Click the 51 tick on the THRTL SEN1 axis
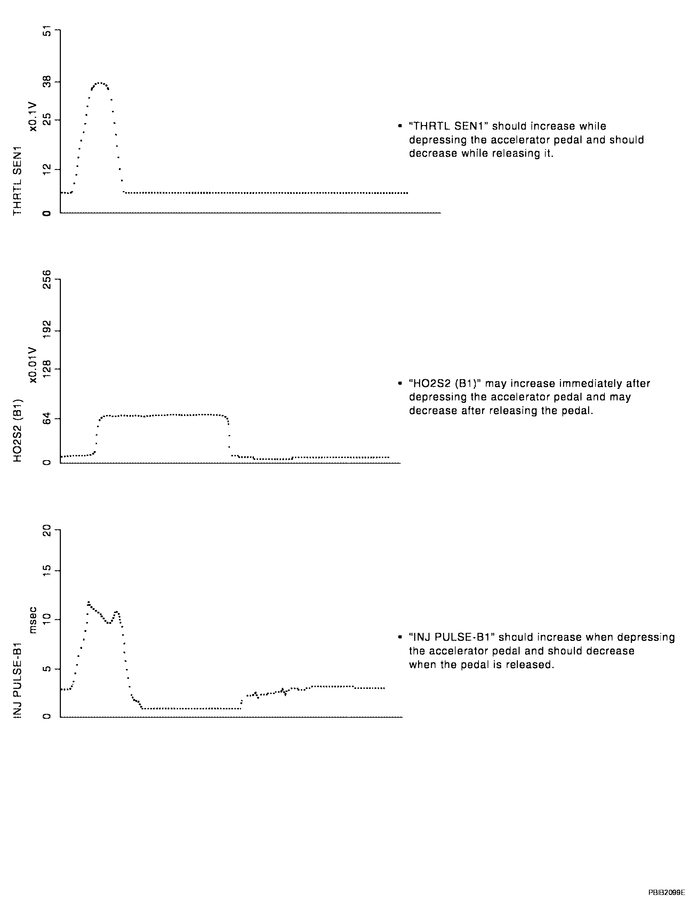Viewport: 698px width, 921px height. tap(47, 31)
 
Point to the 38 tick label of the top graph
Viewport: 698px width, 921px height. tap(47, 82)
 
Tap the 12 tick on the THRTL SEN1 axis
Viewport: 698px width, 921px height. tap(47, 169)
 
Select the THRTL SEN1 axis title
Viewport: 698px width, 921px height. tap(17, 181)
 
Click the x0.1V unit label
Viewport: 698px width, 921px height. tap(33, 116)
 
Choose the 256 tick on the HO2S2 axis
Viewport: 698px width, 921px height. tap(47, 279)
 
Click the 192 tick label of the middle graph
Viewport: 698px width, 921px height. tap(47, 331)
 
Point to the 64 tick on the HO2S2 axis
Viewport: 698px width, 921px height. tap(47, 418)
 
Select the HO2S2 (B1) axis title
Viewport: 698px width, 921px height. tap(17, 430)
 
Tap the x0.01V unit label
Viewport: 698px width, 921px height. tap(33, 365)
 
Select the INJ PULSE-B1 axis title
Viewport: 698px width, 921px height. tap(17, 681)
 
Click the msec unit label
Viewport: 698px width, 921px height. tap(33, 620)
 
